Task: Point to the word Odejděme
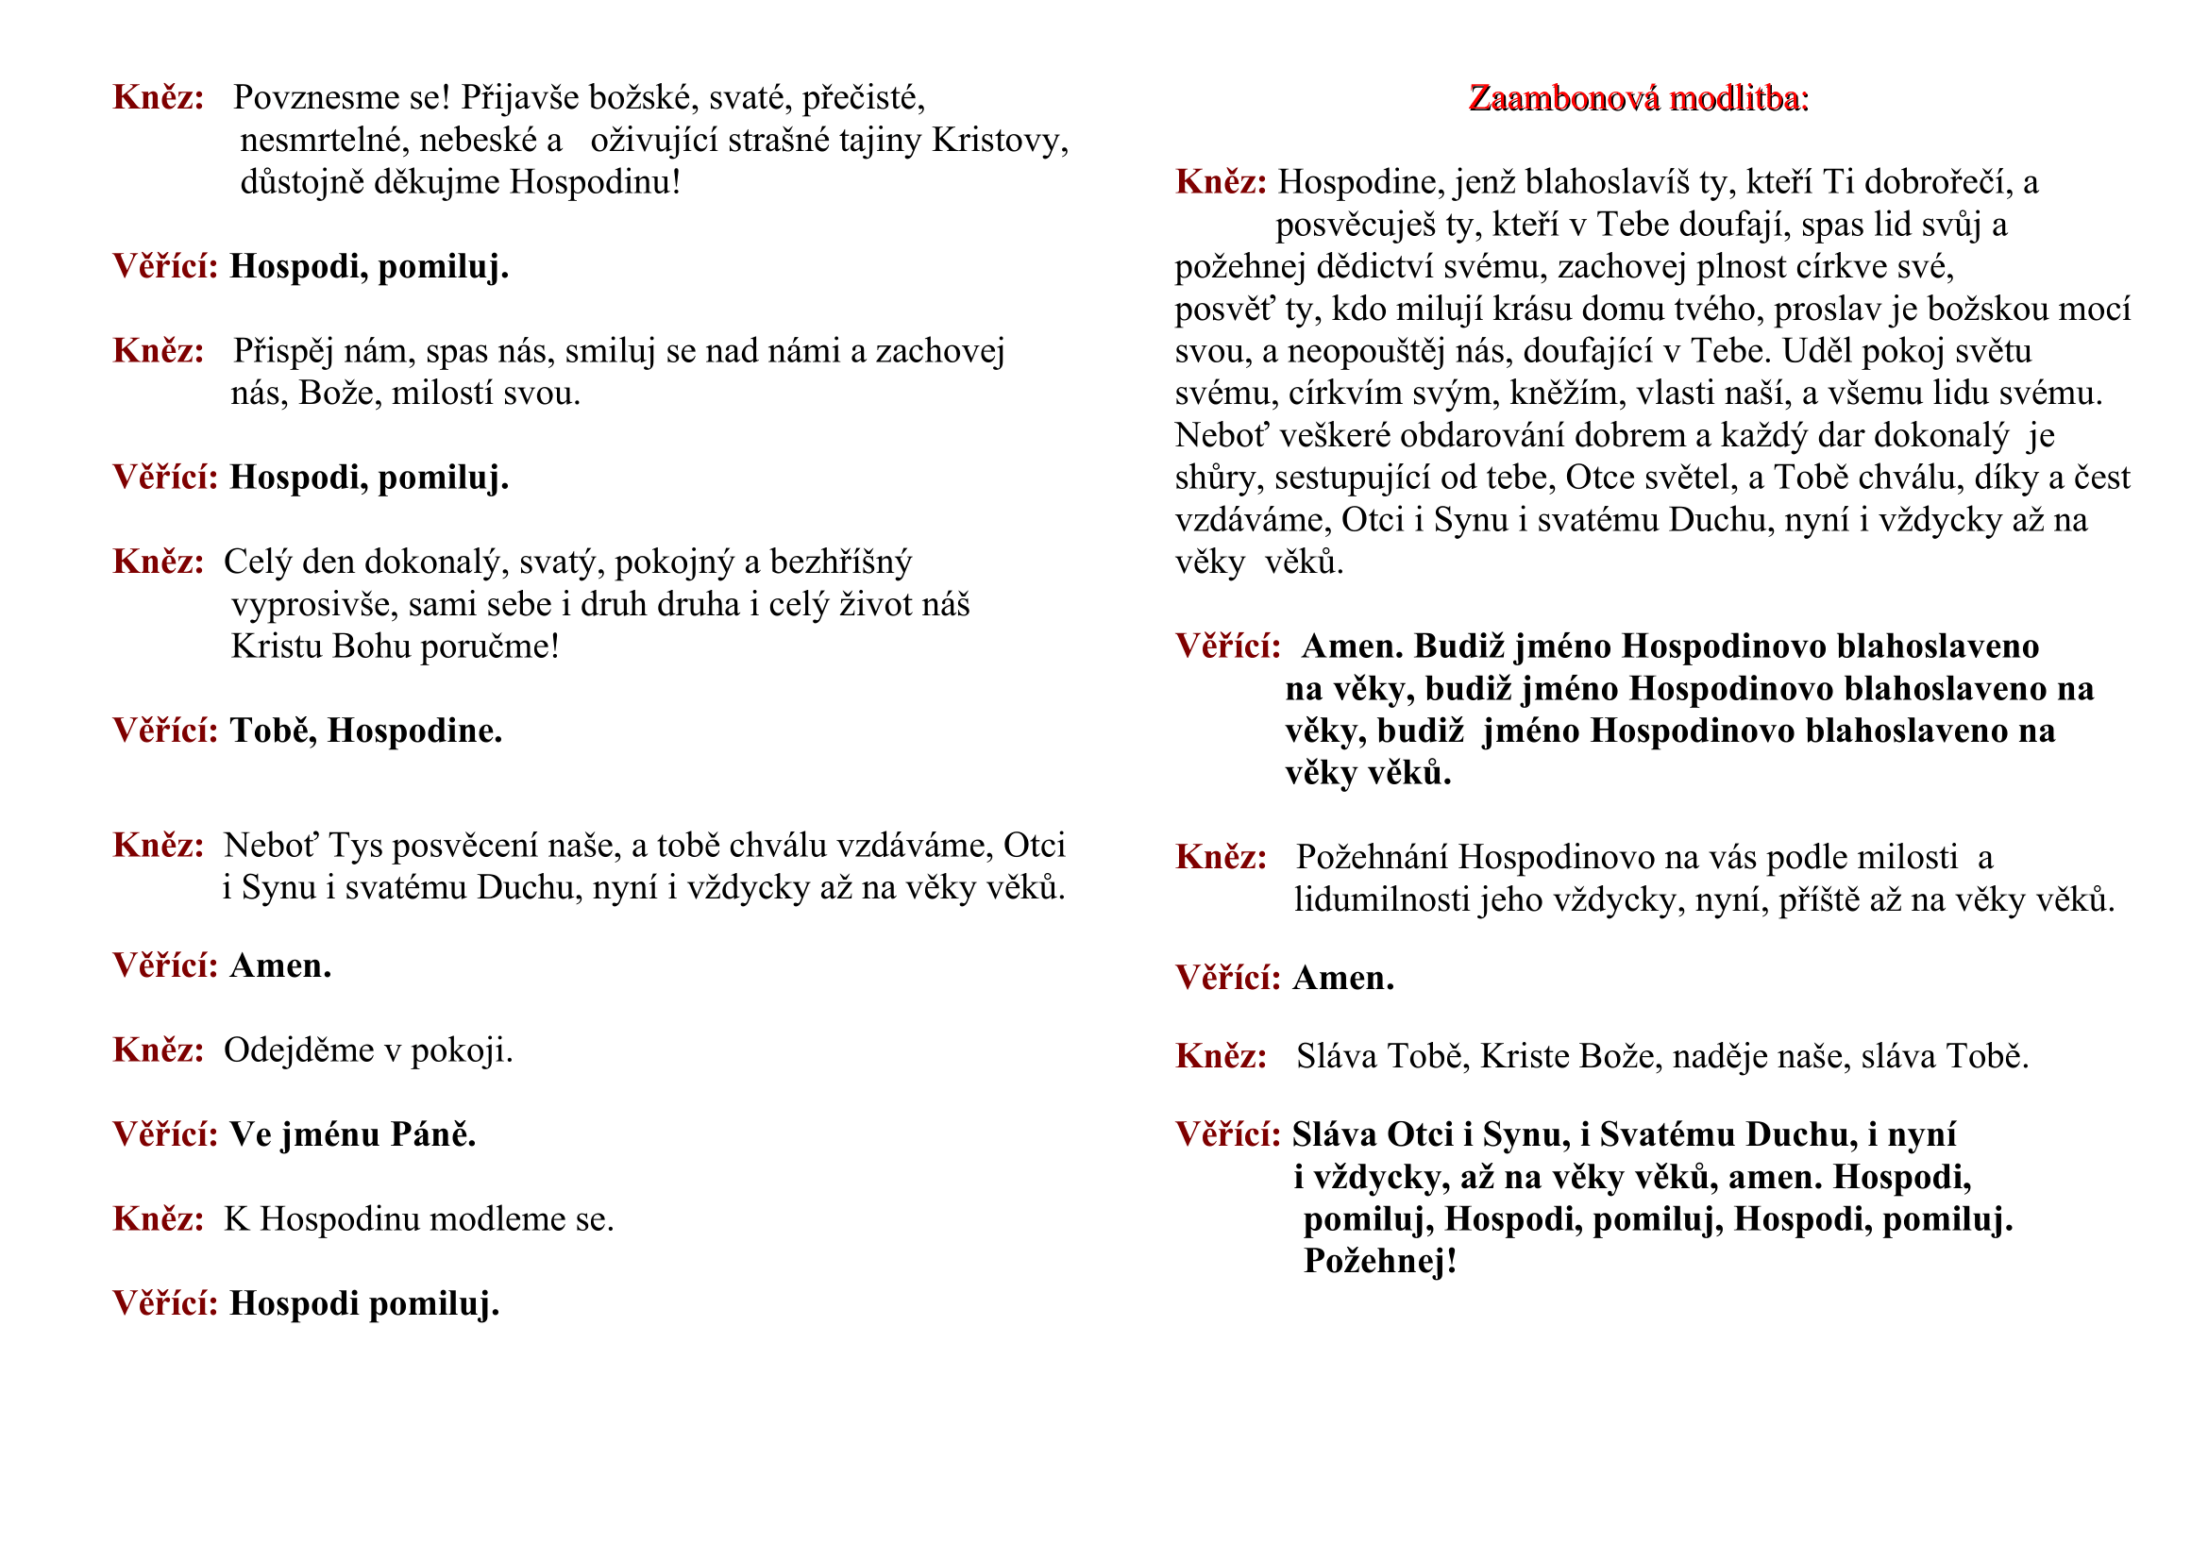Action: (298, 1050)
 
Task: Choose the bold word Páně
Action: (432, 1135)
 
